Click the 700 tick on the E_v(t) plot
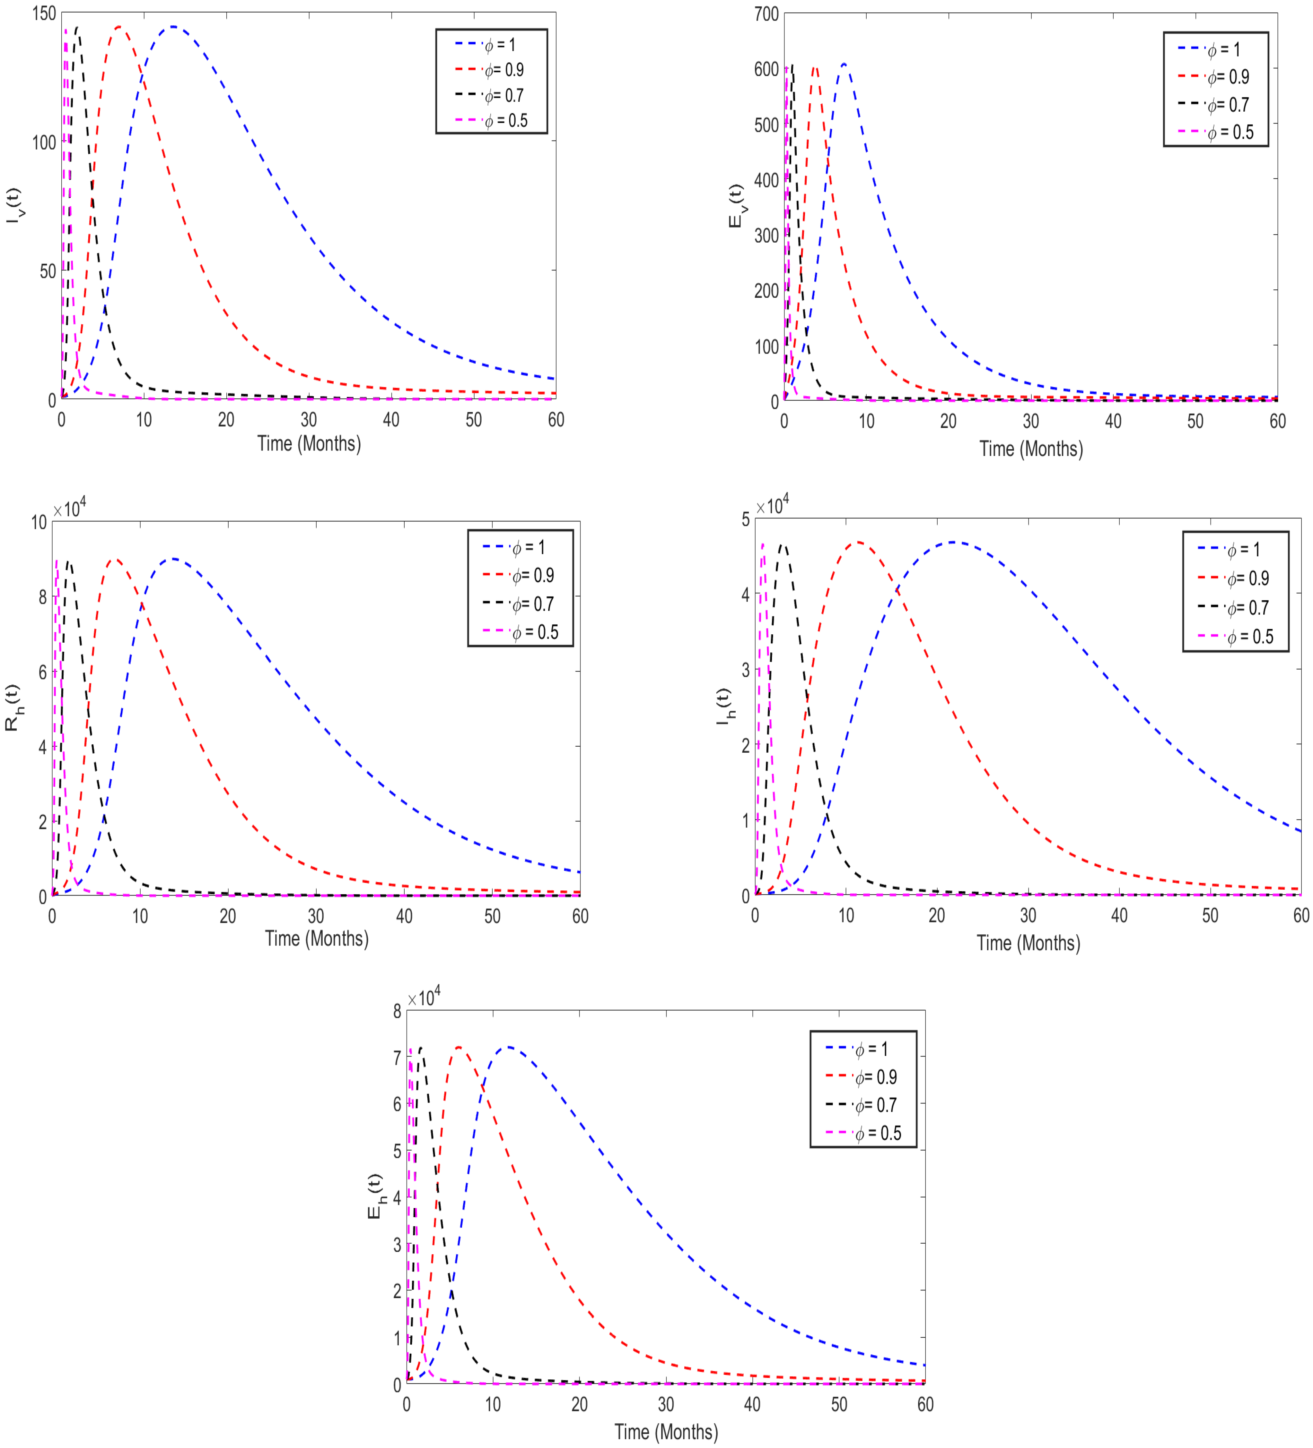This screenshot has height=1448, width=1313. (766, 14)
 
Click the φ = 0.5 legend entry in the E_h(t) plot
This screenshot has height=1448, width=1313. (877, 1133)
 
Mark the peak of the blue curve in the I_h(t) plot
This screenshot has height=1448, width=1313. (954, 542)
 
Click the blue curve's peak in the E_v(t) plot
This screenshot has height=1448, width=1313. (844, 64)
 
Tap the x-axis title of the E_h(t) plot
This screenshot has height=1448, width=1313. (666, 1432)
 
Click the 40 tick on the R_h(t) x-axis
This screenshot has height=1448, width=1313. (404, 916)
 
